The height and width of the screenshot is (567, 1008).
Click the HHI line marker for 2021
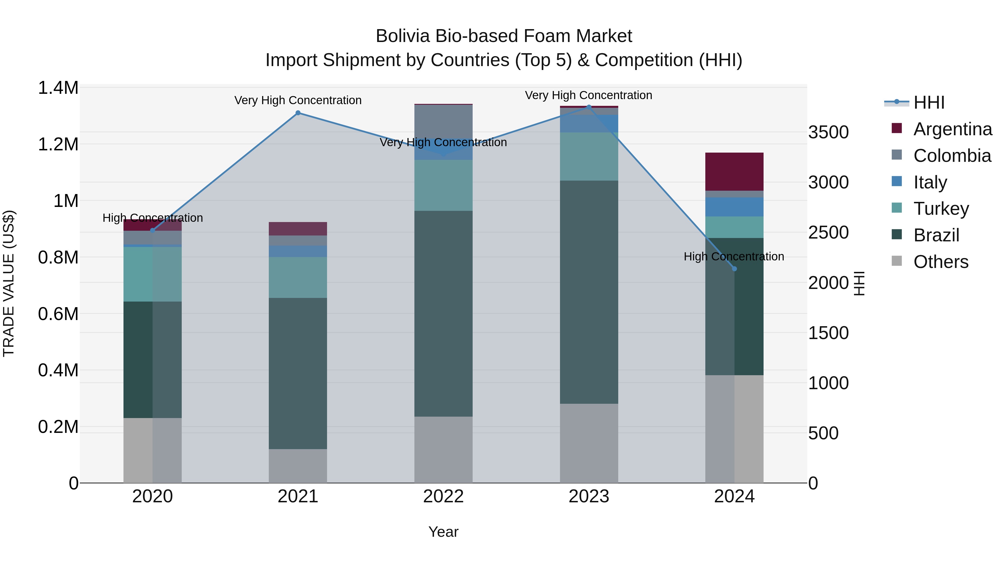[x=298, y=113]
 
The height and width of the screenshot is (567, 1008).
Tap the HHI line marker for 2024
[x=734, y=269]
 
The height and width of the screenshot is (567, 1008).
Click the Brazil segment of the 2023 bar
[x=589, y=292]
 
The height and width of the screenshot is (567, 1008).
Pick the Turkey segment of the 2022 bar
[x=443, y=185]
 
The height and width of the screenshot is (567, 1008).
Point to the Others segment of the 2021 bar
[x=298, y=466]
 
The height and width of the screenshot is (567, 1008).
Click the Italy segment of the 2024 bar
[x=734, y=207]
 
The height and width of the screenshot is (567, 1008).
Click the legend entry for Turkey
[x=941, y=209]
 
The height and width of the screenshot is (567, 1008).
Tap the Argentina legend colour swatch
[x=897, y=128]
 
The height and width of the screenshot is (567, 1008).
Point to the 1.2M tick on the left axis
[x=58, y=144]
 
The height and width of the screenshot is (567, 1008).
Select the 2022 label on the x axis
[x=443, y=496]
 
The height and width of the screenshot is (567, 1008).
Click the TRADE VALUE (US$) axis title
[x=9, y=283]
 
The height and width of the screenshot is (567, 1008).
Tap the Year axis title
[x=443, y=532]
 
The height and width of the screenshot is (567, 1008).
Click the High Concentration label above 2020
[x=153, y=218]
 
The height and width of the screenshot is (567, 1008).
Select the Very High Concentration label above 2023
[x=589, y=95]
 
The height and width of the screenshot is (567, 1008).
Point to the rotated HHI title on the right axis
[x=860, y=283]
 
